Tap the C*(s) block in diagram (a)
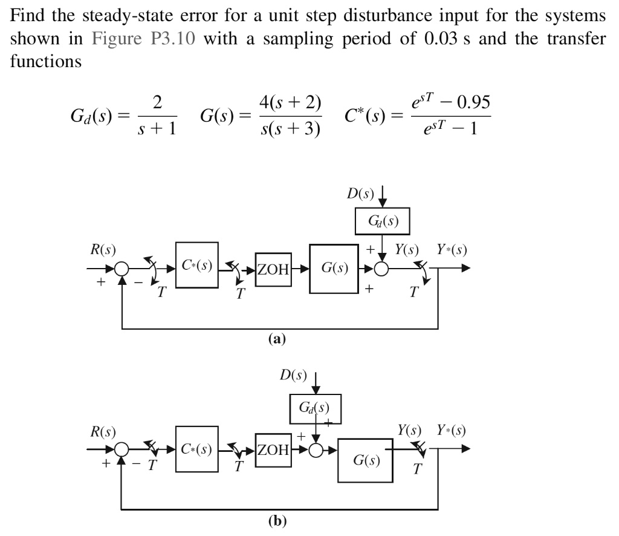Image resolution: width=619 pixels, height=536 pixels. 197,266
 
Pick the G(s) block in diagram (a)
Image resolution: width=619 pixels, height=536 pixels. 334,267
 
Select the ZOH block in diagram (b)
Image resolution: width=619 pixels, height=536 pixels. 274,450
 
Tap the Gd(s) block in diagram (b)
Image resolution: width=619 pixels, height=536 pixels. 316,408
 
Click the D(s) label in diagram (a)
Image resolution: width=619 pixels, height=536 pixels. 360,195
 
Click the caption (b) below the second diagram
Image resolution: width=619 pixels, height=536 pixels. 278,521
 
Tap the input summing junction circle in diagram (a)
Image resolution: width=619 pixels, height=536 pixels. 123,268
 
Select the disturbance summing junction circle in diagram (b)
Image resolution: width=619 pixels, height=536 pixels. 316,450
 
